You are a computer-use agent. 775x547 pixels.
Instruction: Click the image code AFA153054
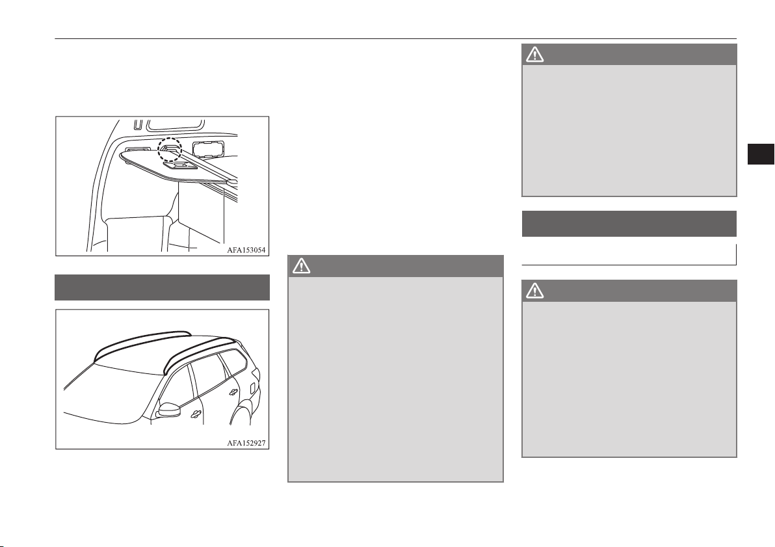click(x=246, y=250)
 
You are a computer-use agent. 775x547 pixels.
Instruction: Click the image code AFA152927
click(x=246, y=443)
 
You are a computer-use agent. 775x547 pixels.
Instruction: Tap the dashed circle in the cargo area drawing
click(x=170, y=150)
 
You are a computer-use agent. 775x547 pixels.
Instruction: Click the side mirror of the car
click(x=168, y=410)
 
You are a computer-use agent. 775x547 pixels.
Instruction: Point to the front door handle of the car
click(x=196, y=414)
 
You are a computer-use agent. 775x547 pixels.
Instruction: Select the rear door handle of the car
click(x=232, y=392)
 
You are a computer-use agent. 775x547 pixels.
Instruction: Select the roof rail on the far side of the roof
click(x=141, y=340)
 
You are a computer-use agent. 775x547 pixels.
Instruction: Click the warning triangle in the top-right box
click(x=534, y=55)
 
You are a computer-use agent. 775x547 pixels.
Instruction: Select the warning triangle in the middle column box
click(x=301, y=266)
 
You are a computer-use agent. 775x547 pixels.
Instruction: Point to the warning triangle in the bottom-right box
click(x=534, y=291)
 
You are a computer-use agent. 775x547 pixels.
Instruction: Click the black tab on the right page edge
click(x=760, y=153)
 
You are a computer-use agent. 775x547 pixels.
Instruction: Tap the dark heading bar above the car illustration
click(x=162, y=287)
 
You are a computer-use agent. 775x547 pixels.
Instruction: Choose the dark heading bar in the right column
click(x=629, y=224)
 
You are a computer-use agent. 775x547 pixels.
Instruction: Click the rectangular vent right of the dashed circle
click(x=207, y=148)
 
